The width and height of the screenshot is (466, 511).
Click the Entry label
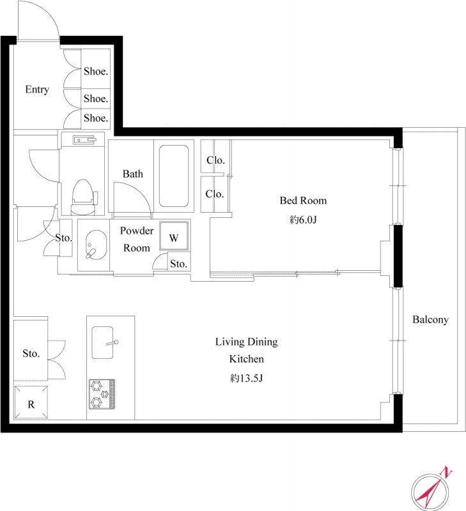pos(37,89)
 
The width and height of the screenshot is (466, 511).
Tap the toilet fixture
pos(84,197)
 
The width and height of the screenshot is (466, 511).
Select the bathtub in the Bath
pos(174,176)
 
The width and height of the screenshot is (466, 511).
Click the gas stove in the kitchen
pos(102,394)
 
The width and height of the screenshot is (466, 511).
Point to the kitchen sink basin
pos(102,342)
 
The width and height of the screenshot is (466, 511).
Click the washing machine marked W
pos(174,236)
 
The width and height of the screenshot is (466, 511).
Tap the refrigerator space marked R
pos(31,402)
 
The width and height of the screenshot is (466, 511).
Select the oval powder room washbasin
pos(96,245)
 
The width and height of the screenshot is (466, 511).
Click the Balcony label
pos(430,320)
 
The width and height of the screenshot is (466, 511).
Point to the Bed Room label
pos(303,201)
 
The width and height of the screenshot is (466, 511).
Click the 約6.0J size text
pos(303,220)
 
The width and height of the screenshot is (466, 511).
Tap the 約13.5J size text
pos(246,378)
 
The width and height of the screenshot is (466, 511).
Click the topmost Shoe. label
pos(96,72)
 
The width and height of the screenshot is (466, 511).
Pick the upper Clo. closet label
pos(215,160)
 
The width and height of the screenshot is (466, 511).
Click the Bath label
pos(133,174)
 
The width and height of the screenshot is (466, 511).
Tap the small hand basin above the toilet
pos(85,140)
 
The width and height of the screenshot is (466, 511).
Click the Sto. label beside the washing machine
pos(179,264)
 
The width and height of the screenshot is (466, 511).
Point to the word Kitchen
pos(246,359)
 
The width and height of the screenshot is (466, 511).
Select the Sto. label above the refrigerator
pos(31,353)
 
